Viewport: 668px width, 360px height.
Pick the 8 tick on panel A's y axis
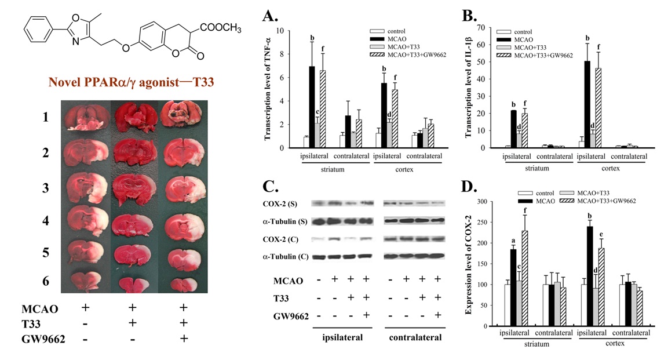point(280,54)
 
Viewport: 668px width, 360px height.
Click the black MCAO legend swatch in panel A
point(377,39)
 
